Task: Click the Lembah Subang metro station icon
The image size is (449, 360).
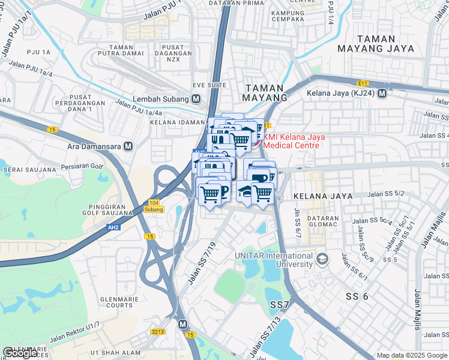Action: click(x=196, y=99)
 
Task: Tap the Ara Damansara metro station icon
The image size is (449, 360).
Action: click(x=127, y=146)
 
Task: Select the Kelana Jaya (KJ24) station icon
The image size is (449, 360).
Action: click(x=382, y=94)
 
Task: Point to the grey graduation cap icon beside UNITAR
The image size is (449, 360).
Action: click(x=322, y=259)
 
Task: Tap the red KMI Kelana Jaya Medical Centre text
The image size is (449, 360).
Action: click(x=294, y=141)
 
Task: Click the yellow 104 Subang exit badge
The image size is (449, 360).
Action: click(x=154, y=206)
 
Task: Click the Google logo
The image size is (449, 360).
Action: click(x=20, y=353)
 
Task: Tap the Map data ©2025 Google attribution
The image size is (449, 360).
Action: click(x=412, y=355)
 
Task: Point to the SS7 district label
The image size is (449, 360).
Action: click(x=280, y=305)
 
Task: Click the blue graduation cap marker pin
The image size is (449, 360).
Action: click(x=246, y=191)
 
